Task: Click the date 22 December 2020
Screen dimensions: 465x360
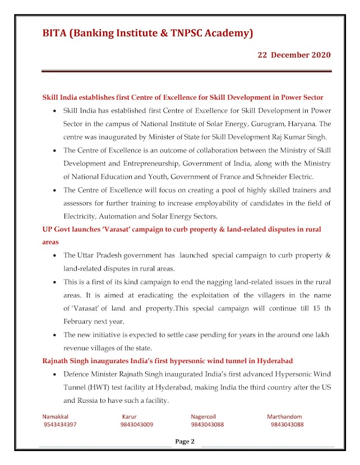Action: tap(294, 55)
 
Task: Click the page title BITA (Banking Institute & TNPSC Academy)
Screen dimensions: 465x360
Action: tap(147, 34)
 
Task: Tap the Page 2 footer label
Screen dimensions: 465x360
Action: tap(185, 441)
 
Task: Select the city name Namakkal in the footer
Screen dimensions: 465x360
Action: tap(57, 417)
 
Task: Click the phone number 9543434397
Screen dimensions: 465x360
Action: tap(60, 425)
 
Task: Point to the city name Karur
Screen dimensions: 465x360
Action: tap(130, 417)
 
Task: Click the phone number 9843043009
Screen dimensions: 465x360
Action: tap(137, 425)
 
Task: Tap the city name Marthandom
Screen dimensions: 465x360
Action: tap(284, 417)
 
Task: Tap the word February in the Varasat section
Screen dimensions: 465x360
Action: tap(80, 321)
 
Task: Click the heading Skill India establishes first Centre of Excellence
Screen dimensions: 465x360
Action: tap(183, 97)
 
